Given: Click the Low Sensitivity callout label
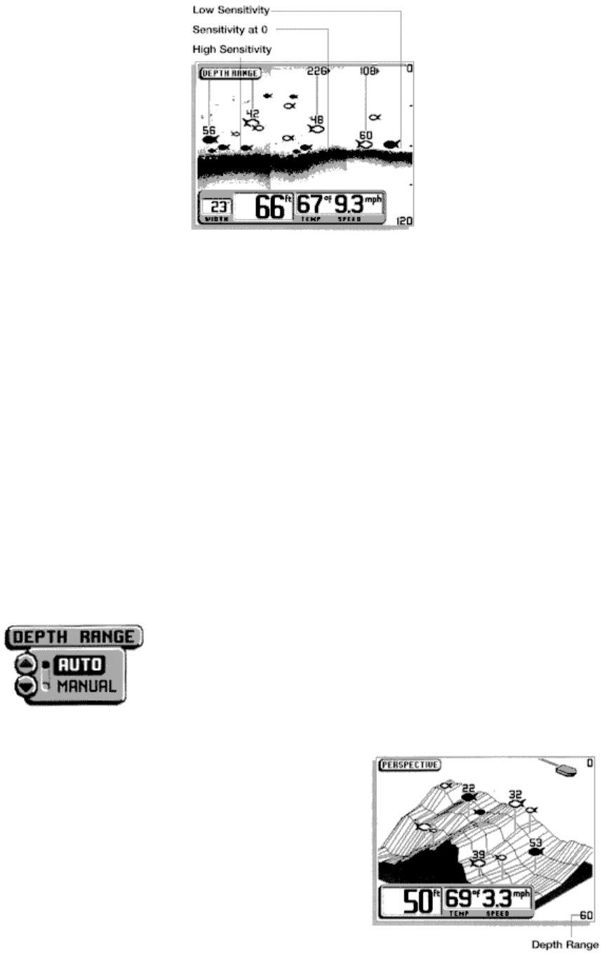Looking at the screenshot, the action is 231,11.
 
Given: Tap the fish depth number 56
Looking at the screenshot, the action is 209,130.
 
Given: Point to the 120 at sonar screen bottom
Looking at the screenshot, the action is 405,221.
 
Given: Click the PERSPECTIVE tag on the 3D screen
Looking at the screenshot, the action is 409,765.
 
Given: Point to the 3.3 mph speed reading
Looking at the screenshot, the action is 507,898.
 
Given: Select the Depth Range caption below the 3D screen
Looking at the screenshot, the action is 565,945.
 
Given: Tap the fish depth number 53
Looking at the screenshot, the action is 536,843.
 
